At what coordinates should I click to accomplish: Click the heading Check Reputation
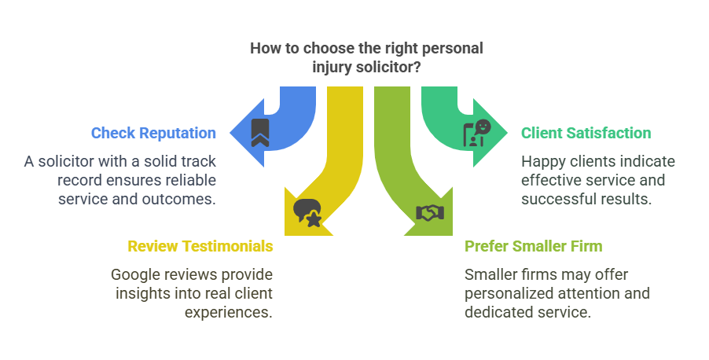(153, 133)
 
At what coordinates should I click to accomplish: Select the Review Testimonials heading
(200, 246)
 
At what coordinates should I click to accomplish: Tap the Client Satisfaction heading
(586, 133)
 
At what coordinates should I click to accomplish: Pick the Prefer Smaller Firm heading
(533, 246)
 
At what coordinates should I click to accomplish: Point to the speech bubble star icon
(307, 213)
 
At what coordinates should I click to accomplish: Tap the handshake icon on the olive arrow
(430, 212)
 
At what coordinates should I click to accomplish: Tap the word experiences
(229, 312)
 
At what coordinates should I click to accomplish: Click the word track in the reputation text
(197, 161)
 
